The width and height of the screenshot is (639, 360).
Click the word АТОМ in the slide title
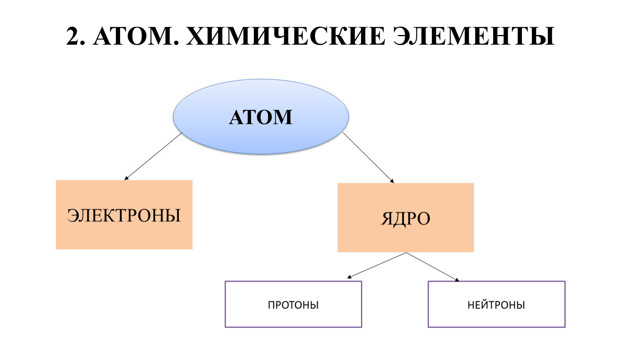coord(133,37)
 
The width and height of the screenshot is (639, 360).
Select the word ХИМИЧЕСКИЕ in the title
coord(286,37)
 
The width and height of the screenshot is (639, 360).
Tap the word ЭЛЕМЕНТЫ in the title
coord(474,37)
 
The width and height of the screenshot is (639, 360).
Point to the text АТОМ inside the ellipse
coord(261,117)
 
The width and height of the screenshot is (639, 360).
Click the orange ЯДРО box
coord(406,237)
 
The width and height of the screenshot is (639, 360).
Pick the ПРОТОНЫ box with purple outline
coord(293,317)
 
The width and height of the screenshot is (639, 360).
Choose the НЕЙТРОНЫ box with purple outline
coord(496,317)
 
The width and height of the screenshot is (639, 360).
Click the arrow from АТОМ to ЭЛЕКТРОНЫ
coord(153,156)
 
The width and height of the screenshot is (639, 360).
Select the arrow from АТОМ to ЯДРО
coord(368,157)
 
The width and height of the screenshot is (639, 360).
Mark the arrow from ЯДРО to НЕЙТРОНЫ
coord(433,267)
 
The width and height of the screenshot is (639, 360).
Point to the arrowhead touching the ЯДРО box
coord(392,181)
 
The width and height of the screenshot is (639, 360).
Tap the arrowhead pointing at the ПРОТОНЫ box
coord(349,277)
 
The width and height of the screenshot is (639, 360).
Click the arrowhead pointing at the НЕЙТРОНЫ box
coord(457,280)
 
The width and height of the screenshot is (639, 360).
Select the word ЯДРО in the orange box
coord(406,219)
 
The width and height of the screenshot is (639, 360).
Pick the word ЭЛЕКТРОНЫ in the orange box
coord(124,215)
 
